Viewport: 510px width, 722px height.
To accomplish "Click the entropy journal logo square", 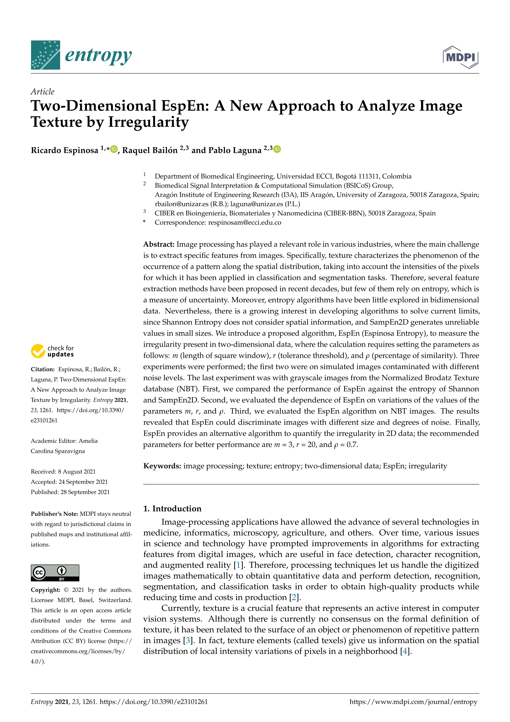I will point(45,55).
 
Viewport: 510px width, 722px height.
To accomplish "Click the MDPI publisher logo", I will point(460,57).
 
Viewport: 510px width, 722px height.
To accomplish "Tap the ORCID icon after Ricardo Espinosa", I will point(114,149).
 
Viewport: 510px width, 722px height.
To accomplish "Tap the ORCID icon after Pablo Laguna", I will point(277,149).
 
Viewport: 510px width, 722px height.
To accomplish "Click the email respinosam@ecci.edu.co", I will point(245,223).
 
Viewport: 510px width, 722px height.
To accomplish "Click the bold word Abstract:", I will point(159,244).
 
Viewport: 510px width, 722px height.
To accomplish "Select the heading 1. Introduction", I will point(172,509).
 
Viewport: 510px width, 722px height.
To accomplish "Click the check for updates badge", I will point(52,351).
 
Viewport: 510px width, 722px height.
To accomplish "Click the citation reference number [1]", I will point(238,565).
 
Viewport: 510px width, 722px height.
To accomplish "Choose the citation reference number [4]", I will point(405,651).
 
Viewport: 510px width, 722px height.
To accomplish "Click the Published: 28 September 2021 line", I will point(70,492).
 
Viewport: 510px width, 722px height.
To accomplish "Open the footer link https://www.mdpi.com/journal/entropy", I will point(413,702).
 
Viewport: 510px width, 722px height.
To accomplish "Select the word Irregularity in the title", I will point(148,122).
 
